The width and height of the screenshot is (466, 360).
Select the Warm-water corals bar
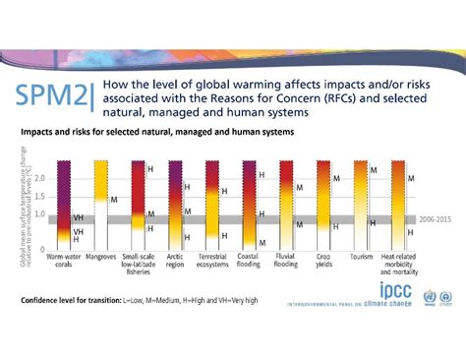point(65,203)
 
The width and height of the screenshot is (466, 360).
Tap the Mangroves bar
point(101,203)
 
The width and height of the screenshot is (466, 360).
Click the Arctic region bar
point(174,203)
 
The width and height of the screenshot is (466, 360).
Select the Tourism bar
point(361,203)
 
